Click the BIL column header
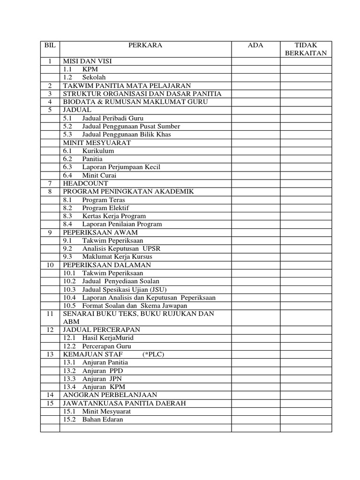(x=50, y=45)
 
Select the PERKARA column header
(x=145, y=45)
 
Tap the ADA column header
(x=255, y=45)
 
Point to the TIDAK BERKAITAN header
(x=306, y=49)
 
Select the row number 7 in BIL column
(x=50, y=183)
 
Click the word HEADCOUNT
(x=85, y=183)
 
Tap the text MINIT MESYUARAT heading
(x=97, y=142)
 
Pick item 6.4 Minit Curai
(x=90, y=175)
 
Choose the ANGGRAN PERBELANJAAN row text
(x=110, y=395)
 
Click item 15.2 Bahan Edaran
(x=93, y=419)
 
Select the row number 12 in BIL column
(x=50, y=330)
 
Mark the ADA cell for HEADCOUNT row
(x=255, y=183)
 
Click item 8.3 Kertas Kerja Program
(x=104, y=216)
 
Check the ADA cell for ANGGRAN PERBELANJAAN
(x=255, y=395)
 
